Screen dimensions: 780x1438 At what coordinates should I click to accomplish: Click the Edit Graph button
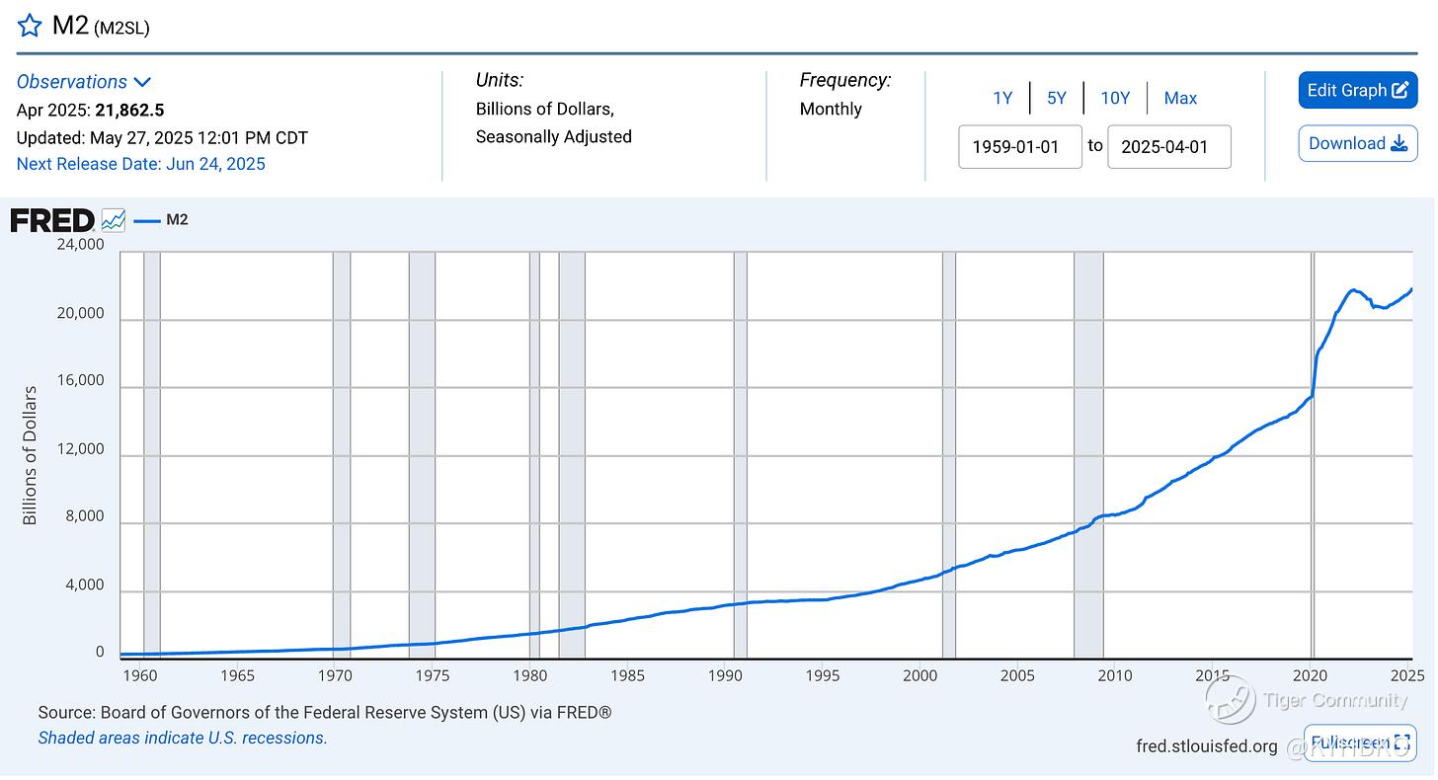click(x=1357, y=90)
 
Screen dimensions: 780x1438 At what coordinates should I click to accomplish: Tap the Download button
click(x=1357, y=143)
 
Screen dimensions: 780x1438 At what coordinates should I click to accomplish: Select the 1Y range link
click(x=1002, y=98)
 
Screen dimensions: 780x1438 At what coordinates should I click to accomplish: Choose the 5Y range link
click(x=1057, y=98)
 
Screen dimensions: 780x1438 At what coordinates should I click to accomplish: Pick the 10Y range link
click(x=1115, y=98)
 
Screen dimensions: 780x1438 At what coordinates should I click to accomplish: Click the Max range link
click(x=1180, y=98)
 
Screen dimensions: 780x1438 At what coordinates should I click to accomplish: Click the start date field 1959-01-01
click(x=1019, y=146)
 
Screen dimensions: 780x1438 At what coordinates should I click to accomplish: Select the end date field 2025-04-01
click(x=1168, y=146)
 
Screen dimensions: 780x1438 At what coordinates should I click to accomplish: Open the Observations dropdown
click(x=83, y=82)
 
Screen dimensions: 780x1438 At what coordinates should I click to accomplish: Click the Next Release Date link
click(x=141, y=164)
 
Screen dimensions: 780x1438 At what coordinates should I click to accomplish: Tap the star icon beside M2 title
click(x=30, y=25)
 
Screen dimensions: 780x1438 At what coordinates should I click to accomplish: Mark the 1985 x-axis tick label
click(x=628, y=675)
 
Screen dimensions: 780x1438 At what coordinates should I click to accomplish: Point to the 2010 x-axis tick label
click(x=1115, y=675)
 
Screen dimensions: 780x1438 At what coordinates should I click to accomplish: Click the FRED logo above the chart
click(x=52, y=220)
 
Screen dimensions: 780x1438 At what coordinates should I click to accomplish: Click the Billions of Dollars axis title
click(x=30, y=455)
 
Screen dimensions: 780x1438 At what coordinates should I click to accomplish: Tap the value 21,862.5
click(x=129, y=110)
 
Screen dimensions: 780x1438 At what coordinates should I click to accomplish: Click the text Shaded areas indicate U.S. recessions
click(x=183, y=738)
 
